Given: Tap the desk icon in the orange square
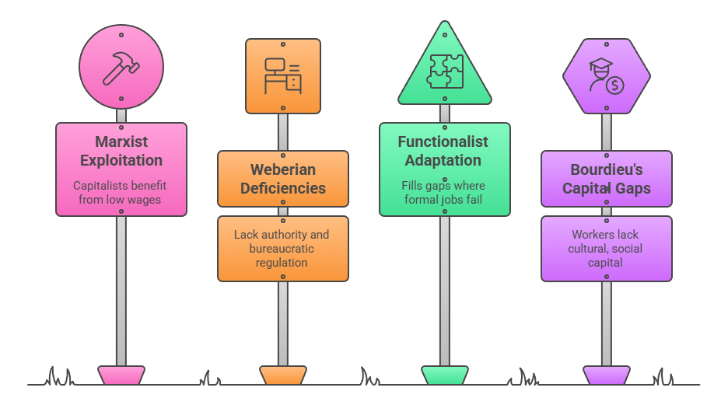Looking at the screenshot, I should coord(282,76).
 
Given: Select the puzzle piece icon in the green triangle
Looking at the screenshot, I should coord(445,72).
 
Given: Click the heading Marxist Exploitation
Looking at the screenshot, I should coord(121,151).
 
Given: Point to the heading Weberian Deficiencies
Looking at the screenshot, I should coord(282,179).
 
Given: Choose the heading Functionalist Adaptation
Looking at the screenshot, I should coord(443,151).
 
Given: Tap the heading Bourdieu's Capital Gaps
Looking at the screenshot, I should coord(606,179).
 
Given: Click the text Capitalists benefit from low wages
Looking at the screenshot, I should coord(121,193).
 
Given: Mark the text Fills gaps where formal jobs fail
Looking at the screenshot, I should coord(443,193).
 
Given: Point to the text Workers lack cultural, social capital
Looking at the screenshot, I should coord(606,248).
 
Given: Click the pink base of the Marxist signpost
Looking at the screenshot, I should coord(121,375).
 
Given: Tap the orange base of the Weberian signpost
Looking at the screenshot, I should coord(282,375).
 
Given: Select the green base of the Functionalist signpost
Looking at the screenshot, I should coord(445,375).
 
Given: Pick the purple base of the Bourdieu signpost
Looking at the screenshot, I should coord(607,375).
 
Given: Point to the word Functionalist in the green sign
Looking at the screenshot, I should coord(443,141).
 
